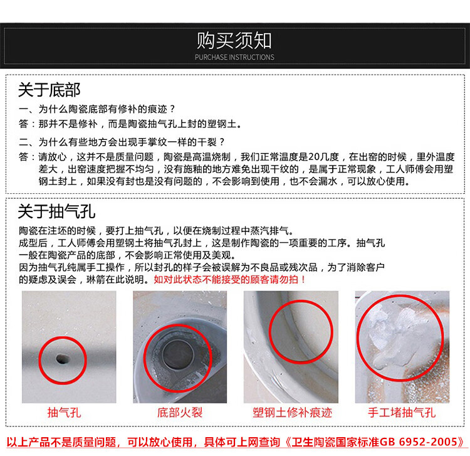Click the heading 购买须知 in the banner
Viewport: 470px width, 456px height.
click(234, 41)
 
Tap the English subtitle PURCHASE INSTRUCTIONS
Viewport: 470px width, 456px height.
click(234, 57)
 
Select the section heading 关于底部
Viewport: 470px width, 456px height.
click(49, 90)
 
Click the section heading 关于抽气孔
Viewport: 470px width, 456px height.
click(56, 211)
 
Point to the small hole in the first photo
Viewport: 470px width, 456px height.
click(62, 359)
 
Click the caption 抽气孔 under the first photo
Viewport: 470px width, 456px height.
click(64, 413)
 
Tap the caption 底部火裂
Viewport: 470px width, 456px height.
click(180, 413)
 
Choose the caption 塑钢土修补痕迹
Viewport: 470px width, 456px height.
click(292, 413)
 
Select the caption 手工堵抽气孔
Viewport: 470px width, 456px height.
click(402, 413)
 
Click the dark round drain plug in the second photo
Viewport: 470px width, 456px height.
click(178, 354)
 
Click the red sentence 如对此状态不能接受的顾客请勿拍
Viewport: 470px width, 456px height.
click(229, 280)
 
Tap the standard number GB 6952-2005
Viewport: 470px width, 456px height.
click(418, 442)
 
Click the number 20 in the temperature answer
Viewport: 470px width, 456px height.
click(314, 157)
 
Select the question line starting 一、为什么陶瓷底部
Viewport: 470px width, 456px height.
click(97, 109)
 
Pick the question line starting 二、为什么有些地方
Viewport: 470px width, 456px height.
click(122, 142)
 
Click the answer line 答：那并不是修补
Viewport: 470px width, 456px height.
click(130, 124)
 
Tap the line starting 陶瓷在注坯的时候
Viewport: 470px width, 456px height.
click(156, 231)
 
